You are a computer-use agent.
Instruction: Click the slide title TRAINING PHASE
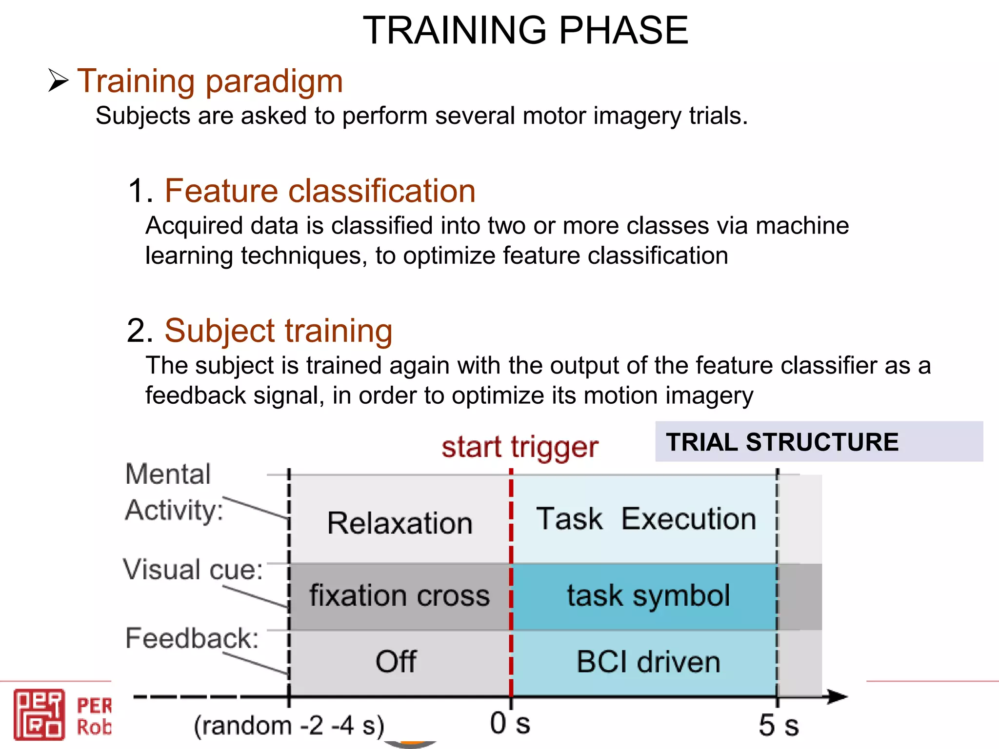tap(525, 30)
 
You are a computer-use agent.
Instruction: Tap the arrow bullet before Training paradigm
tap(58, 80)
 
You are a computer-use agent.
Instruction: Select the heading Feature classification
tap(320, 191)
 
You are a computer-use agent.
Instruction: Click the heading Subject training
tap(278, 331)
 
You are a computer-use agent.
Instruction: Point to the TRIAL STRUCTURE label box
tap(819, 442)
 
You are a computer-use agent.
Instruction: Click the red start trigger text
tap(519, 447)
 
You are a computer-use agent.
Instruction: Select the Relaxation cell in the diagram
tap(400, 523)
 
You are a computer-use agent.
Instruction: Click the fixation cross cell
tap(400, 595)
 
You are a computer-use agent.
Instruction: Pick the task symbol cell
tap(648, 595)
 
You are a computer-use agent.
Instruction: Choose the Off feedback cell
tap(396, 662)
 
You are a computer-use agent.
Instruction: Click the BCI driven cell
tap(648, 662)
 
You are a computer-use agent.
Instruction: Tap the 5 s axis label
tap(779, 725)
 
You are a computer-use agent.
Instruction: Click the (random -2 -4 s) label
tap(289, 725)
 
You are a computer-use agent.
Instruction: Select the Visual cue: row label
tap(193, 569)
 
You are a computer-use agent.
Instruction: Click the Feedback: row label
tap(192, 638)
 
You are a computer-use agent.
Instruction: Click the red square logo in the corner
tap(39, 714)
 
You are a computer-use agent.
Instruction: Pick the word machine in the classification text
tap(802, 226)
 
